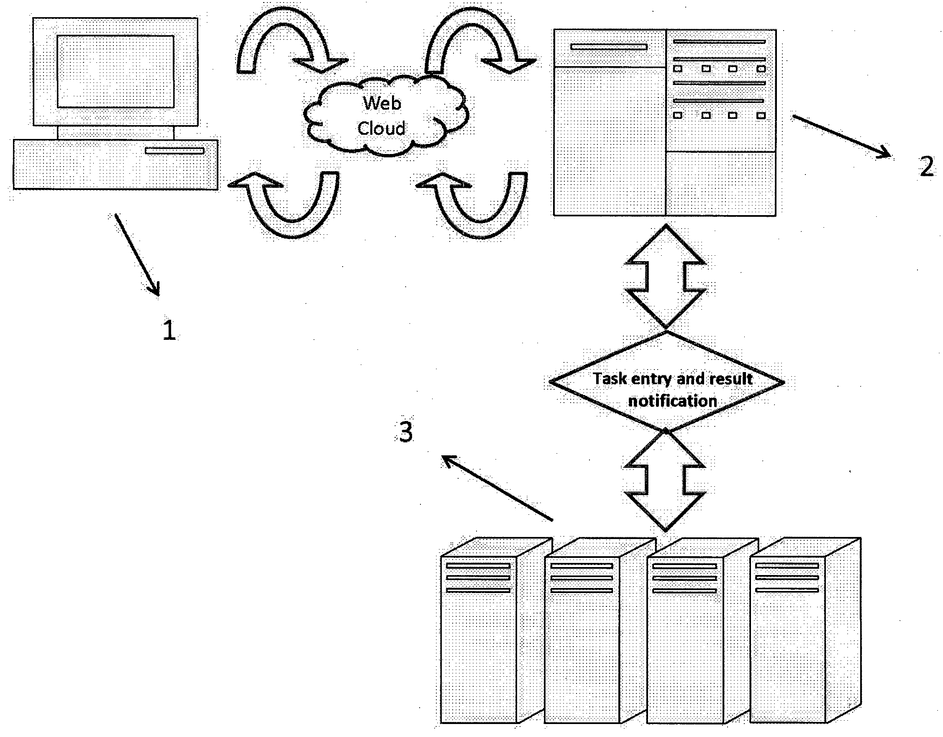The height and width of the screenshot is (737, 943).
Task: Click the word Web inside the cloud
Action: pyautogui.click(x=382, y=103)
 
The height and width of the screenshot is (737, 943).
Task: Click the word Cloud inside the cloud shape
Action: pyautogui.click(x=382, y=128)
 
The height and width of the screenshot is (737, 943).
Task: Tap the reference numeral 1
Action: pyautogui.click(x=169, y=330)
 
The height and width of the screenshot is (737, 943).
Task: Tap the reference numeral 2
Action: pyautogui.click(x=926, y=166)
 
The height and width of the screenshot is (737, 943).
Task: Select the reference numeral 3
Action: pyautogui.click(x=405, y=431)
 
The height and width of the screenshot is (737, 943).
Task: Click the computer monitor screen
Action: pyautogui.click(x=115, y=71)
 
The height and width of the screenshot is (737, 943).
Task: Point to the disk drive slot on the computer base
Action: pyautogui.click(x=174, y=150)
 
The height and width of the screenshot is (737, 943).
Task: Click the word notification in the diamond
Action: pyautogui.click(x=672, y=401)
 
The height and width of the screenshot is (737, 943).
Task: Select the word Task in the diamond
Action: pyautogui.click(x=610, y=378)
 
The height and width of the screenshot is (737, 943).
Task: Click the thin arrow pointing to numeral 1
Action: pyautogui.click(x=137, y=255)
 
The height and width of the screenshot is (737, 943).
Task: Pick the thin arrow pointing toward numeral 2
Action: pyautogui.click(x=841, y=136)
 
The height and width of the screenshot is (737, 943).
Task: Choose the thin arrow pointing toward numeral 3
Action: pyautogui.click(x=497, y=488)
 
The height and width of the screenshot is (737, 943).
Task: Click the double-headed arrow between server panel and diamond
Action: pyautogui.click(x=665, y=277)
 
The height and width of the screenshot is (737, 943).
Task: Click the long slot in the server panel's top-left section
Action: pyautogui.click(x=609, y=46)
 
